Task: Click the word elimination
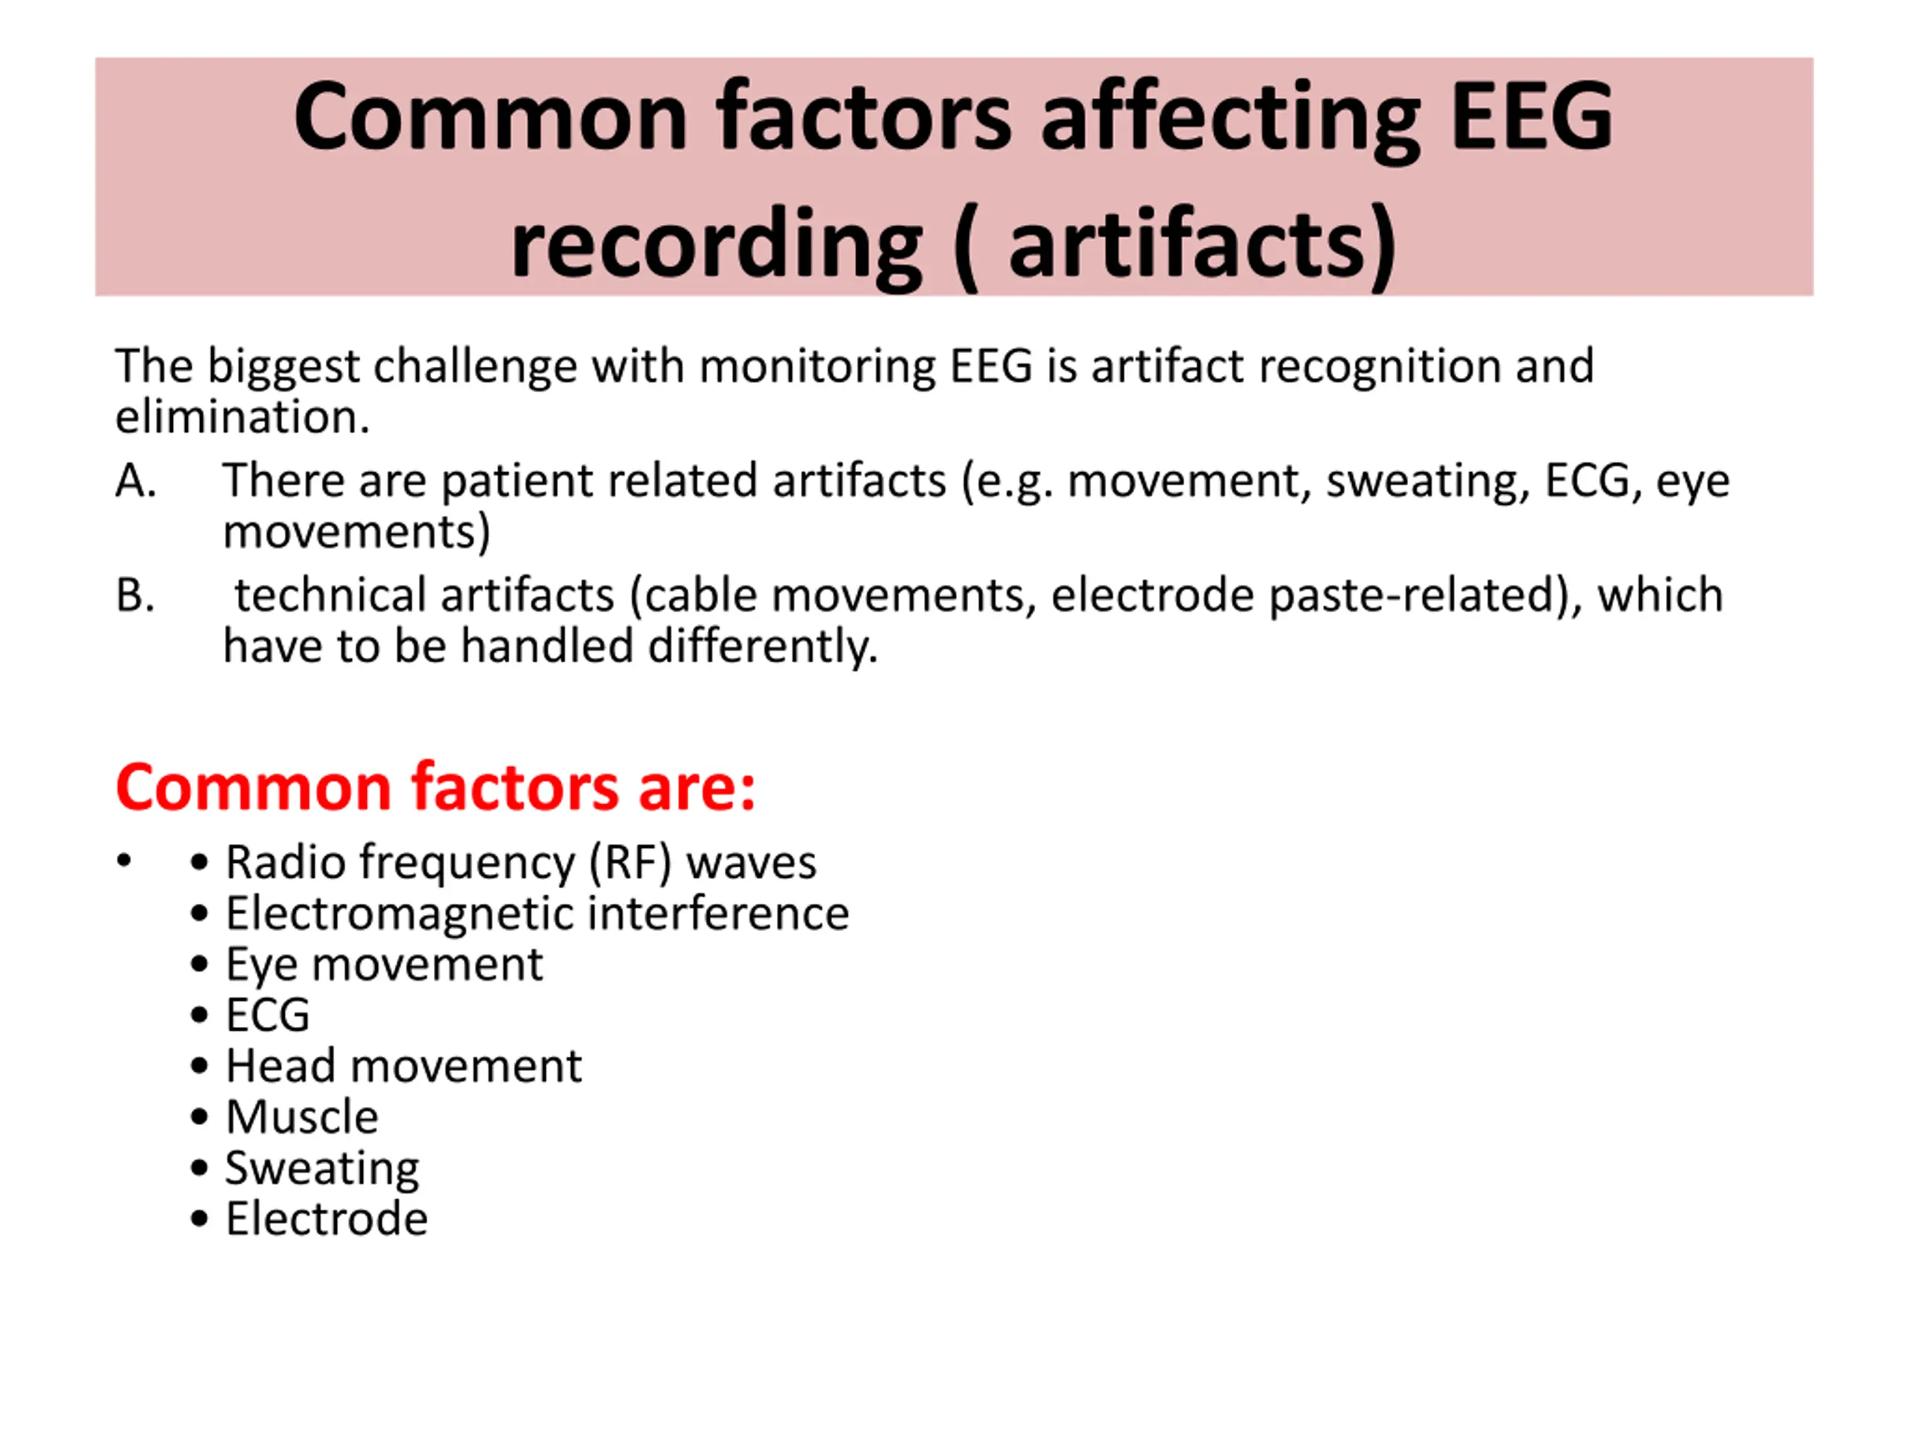[242, 416]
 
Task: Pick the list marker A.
[136, 480]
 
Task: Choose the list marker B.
[135, 594]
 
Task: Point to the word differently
[762, 647]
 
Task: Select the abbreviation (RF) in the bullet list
[629, 862]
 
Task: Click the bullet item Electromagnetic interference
[537, 912]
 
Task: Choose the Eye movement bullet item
[384, 965]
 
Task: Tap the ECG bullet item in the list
[268, 1015]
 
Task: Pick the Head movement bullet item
[403, 1065]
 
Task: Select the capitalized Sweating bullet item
[322, 1169]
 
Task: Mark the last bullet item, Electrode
[326, 1218]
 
